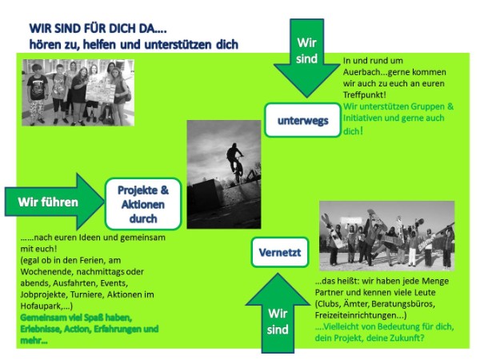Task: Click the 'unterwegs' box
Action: tap(302, 120)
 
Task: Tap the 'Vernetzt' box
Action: tap(279, 252)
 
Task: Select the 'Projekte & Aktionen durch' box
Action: tap(143, 204)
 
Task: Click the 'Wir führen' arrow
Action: tap(54, 202)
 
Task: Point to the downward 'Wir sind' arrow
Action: tap(306, 58)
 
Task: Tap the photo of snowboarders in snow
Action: tap(386, 236)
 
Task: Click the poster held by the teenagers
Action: tap(101, 92)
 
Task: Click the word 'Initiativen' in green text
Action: tap(362, 118)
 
